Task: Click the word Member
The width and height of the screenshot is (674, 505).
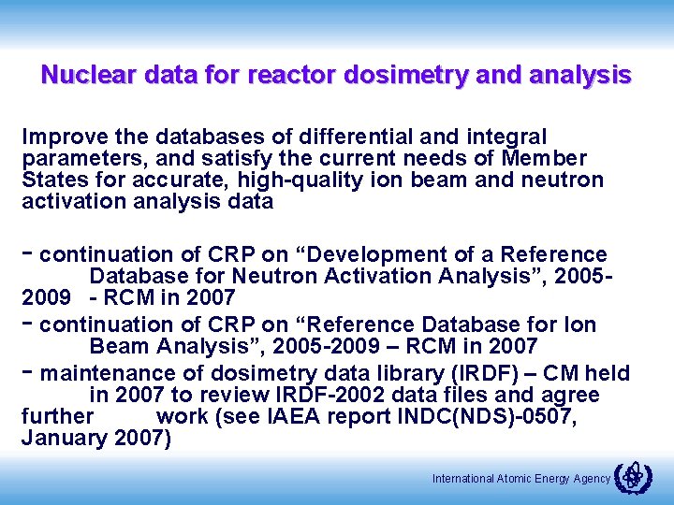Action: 546,158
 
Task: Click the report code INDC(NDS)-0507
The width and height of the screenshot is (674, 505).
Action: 491,417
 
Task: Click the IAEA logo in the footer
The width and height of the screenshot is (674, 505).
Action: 634,477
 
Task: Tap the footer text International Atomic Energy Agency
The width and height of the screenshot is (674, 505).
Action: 520,479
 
